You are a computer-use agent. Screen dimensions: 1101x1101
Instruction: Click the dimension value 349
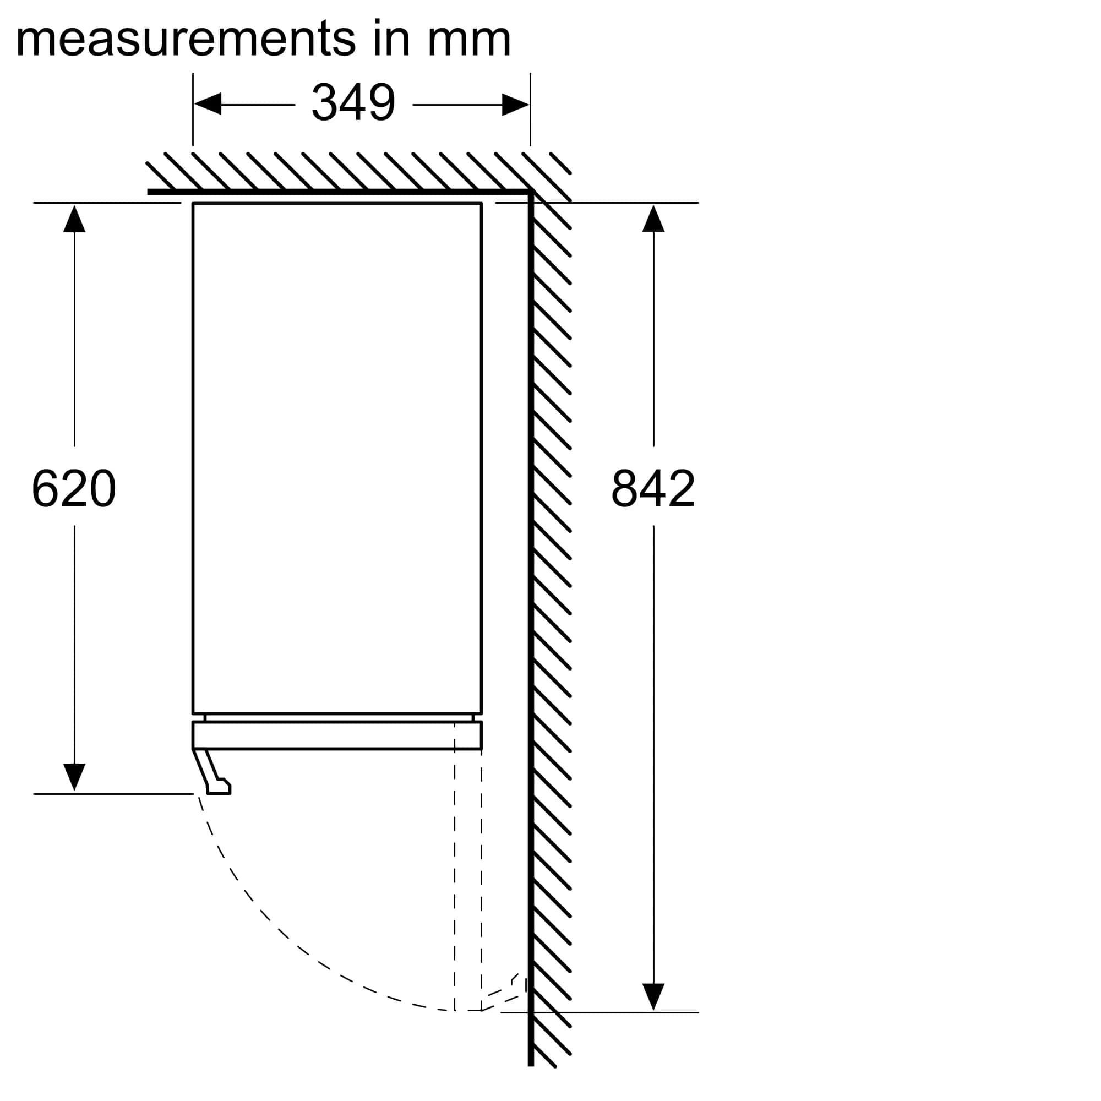coord(353,102)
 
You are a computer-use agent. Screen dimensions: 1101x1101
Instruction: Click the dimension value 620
coord(74,488)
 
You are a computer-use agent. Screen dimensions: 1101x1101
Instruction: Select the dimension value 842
coord(653,488)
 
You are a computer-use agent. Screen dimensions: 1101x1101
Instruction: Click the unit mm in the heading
coord(469,43)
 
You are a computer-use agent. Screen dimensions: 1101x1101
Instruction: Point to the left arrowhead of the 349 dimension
coord(208,104)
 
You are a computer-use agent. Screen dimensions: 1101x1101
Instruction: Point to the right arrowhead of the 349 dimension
coord(515,104)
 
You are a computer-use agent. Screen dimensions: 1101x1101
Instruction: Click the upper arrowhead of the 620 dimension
coord(74,219)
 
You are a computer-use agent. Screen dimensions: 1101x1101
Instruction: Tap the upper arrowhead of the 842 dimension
coord(653,219)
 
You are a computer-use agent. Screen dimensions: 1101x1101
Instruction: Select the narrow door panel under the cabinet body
coord(337,735)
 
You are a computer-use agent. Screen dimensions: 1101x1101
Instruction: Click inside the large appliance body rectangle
coord(337,458)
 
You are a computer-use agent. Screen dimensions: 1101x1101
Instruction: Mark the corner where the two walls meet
coord(531,192)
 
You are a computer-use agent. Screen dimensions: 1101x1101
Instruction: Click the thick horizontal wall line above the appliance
coord(339,192)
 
